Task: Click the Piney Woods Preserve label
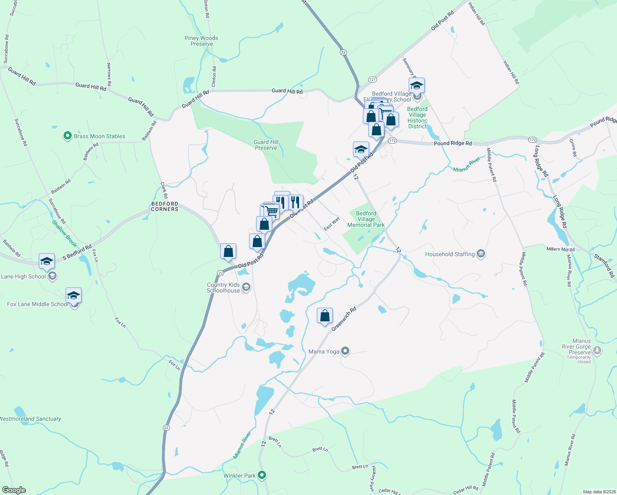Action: pyautogui.click(x=201, y=41)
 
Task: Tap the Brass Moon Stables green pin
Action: pyautogui.click(x=68, y=136)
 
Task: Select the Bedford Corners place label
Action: pyautogui.click(x=165, y=206)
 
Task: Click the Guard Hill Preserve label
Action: pyautogui.click(x=266, y=145)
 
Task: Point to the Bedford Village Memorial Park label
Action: pyautogui.click(x=366, y=219)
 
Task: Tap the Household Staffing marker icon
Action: pyautogui.click(x=480, y=254)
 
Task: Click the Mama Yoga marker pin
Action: pyautogui.click(x=346, y=351)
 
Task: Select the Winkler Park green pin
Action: pyautogui.click(x=261, y=475)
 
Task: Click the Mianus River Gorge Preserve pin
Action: pyautogui.click(x=597, y=351)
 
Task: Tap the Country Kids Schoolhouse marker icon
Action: pyautogui.click(x=246, y=287)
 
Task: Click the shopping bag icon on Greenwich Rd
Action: pyautogui.click(x=325, y=316)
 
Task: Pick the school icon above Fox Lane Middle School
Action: pyautogui.click(x=73, y=295)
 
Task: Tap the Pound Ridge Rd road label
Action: pyautogui.click(x=452, y=144)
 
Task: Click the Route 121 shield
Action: pyautogui.click(x=372, y=79)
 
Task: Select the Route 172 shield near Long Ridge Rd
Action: pyautogui.click(x=533, y=140)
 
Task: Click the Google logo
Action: pyautogui.click(x=14, y=490)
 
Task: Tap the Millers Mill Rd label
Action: pyautogui.click(x=560, y=249)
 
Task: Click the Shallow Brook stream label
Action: pyautogui.click(x=64, y=233)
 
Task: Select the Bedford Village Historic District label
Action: pyautogui.click(x=417, y=118)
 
